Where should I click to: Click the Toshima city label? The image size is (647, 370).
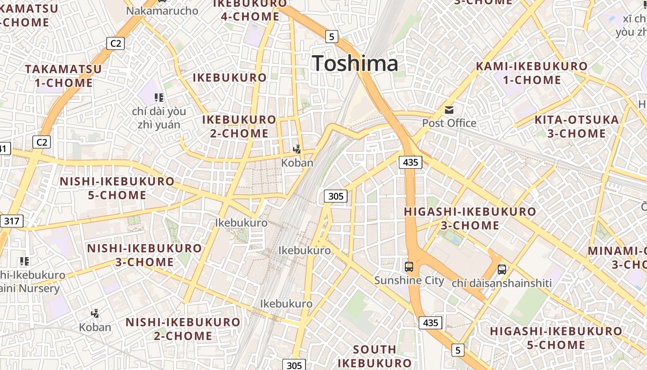(355, 63)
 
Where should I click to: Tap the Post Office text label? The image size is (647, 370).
(449, 123)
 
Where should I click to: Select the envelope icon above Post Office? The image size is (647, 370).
(449, 110)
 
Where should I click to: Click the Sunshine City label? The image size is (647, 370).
(409, 280)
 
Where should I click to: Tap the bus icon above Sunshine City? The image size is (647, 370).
(409, 266)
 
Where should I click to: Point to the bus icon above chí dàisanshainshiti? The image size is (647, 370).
(502, 269)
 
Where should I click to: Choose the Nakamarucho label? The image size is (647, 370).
(162, 11)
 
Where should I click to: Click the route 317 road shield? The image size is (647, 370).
(12, 221)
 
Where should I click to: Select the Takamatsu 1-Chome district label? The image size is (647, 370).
(63, 76)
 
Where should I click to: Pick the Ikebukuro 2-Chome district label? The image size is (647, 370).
(239, 126)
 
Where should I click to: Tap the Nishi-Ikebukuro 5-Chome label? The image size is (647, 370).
(117, 188)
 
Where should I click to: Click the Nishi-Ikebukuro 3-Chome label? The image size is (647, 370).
(144, 255)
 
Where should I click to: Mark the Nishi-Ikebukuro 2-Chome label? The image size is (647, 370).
(183, 328)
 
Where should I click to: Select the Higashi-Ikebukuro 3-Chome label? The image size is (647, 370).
(470, 218)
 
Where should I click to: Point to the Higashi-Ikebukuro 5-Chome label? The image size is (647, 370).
(556, 338)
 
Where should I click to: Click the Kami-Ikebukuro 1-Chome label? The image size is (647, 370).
(531, 73)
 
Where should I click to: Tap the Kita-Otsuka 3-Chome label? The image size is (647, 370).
(576, 126)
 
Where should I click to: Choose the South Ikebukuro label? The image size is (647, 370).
(374, 356)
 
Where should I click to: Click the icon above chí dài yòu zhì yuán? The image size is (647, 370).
(159, 98)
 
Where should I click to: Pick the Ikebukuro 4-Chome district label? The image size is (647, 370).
(250, 10)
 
